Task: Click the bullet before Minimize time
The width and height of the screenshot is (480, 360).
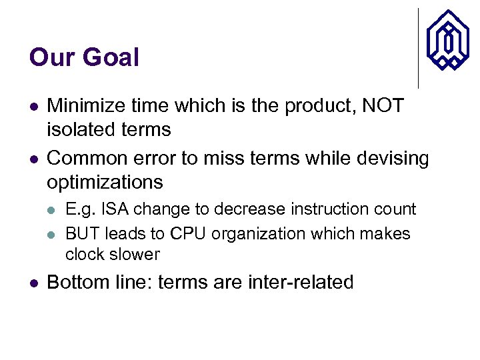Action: coord(33,107)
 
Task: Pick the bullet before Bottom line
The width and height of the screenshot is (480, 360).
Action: coord(33,283)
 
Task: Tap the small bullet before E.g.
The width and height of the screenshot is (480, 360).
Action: coord(53,210)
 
